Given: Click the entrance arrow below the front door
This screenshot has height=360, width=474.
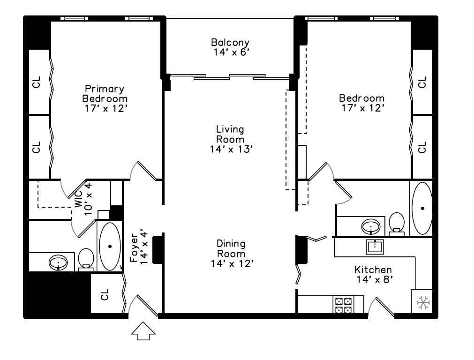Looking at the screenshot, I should click(x=143, y=332).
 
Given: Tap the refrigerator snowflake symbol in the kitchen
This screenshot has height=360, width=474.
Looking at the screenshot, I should click(x=423, y=302).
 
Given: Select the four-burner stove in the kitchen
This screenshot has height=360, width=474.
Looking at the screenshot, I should click(x=343, y=304).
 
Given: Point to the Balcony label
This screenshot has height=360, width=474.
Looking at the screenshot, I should click(x=230, y=42).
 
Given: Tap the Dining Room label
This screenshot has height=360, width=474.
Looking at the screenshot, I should click(x=231, y=248).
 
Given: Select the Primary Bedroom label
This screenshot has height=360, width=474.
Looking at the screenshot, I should click(x=105, y=94).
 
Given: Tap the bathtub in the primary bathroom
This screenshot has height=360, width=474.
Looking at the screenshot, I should click(x=110, y=246).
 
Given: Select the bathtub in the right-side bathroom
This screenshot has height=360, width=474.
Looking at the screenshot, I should click(x=422, y=208).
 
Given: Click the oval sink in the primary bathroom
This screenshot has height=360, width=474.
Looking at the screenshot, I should click(x=58, y=262).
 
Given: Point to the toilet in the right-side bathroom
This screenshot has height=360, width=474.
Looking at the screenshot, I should click(x=397, y=223).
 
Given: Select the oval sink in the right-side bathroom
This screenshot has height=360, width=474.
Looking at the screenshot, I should click(x=373, y=227).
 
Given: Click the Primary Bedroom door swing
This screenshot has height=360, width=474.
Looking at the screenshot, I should click(x=145, y=171).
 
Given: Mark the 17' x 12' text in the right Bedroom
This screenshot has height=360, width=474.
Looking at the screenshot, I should click(x=361, y=107).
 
